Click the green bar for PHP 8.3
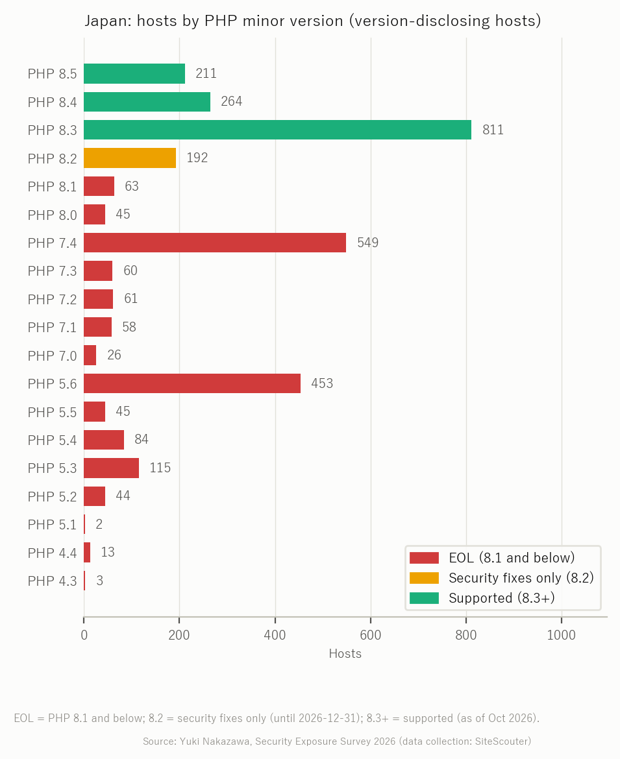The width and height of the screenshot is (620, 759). [x=278, y=130]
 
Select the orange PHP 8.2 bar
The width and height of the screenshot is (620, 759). [x=130, y=158]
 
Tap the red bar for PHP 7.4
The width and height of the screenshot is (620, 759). [x=215, y=243]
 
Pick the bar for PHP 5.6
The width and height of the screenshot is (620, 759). [x=192, y=383]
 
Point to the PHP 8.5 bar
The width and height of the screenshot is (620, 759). [x=134, y=73]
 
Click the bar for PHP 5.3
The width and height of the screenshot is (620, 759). [x=112, y=468]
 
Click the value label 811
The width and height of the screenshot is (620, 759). [x=493, y=130]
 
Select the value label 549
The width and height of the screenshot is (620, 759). [x=368, y=243]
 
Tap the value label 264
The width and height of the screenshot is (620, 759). [x=232, y=102]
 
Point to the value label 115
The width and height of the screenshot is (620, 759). [x=160, y=468]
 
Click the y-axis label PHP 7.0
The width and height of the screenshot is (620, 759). [x=53, y=355]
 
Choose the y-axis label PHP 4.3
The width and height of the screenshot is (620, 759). [x=53, y=581]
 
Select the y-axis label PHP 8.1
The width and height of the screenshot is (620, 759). [x=53, y=186]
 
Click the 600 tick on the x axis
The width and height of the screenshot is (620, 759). [x=371, y=635]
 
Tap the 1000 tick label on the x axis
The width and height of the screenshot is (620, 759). [x=562, y=635]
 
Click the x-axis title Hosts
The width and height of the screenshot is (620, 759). [x=345, y=654]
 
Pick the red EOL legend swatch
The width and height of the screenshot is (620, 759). [x=425, y=558]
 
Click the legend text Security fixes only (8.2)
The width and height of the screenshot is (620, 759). [x=521, y=578]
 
